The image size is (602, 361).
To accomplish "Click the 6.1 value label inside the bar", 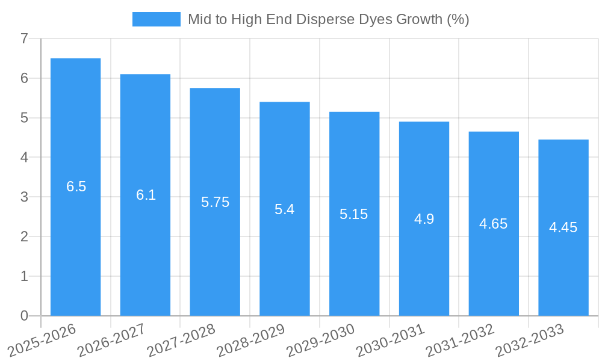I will coord(146,195).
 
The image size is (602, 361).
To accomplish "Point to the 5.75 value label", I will coord(215,202).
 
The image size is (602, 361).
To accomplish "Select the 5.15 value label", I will coord(353,214).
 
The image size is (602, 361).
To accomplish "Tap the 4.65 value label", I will coord(493,224).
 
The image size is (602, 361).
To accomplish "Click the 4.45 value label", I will coord(563,227).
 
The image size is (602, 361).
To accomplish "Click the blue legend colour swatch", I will coord(156,19).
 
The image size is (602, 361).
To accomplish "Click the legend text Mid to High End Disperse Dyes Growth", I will coord(328,19).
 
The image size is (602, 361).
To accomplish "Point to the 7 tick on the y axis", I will coord(24,39).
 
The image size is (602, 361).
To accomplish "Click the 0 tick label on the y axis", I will coord(24,316).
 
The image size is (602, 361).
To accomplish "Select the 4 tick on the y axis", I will coord(24,158).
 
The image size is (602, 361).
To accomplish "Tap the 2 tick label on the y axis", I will coord(24,236).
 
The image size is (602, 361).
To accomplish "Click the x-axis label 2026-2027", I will coord(111,341).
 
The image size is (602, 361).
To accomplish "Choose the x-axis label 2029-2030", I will coord(320,341).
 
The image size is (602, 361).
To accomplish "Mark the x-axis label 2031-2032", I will coord(460,341).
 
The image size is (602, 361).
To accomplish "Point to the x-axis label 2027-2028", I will coord(181,341).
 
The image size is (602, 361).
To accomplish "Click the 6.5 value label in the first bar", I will coord(76,187).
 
